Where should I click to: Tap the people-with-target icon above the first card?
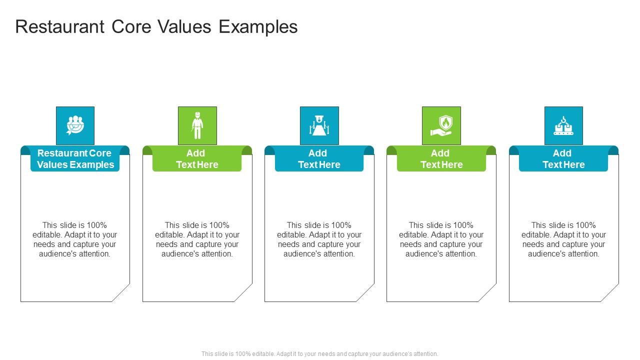pyautogui.click(x=75, y=125)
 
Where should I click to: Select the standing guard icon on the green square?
pyautogui.click(x=197, y=125)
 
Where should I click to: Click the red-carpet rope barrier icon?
pyautogui.click(x=319, y=125)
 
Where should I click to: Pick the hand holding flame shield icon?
pyautogui.click(x=441, y=125)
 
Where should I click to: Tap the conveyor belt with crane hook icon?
pyautogui.click(x=563, y=125)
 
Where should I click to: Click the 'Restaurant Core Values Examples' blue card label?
pyautogui.click(x=75, y=159)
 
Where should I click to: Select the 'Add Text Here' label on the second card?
pyautogui.click(x=197, y=159)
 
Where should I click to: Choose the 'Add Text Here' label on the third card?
pyautogui.click(x=319, y=159)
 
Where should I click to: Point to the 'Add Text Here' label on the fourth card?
pyautogui.click(x=441, y=159)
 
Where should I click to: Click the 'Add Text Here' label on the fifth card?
pyautogui.click(x=563, y=159)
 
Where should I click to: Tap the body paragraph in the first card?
pyautogui.click(x=75, y=239)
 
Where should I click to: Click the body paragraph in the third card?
pyautogui.click(x=319, y=239)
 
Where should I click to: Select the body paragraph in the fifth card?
pyautogui.click(x=563, y=239)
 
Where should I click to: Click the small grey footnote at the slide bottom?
pyautogui.click(x=320, y=353)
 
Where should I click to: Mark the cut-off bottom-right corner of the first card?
pyautogui.click(x=121, y=293)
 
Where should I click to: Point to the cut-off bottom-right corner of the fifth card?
pyautogui.click(x=610, y=293)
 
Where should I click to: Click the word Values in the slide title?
pyautogui.click(x=185, y=26)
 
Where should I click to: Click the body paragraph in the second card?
pyautogui.click(x=197, y=239)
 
